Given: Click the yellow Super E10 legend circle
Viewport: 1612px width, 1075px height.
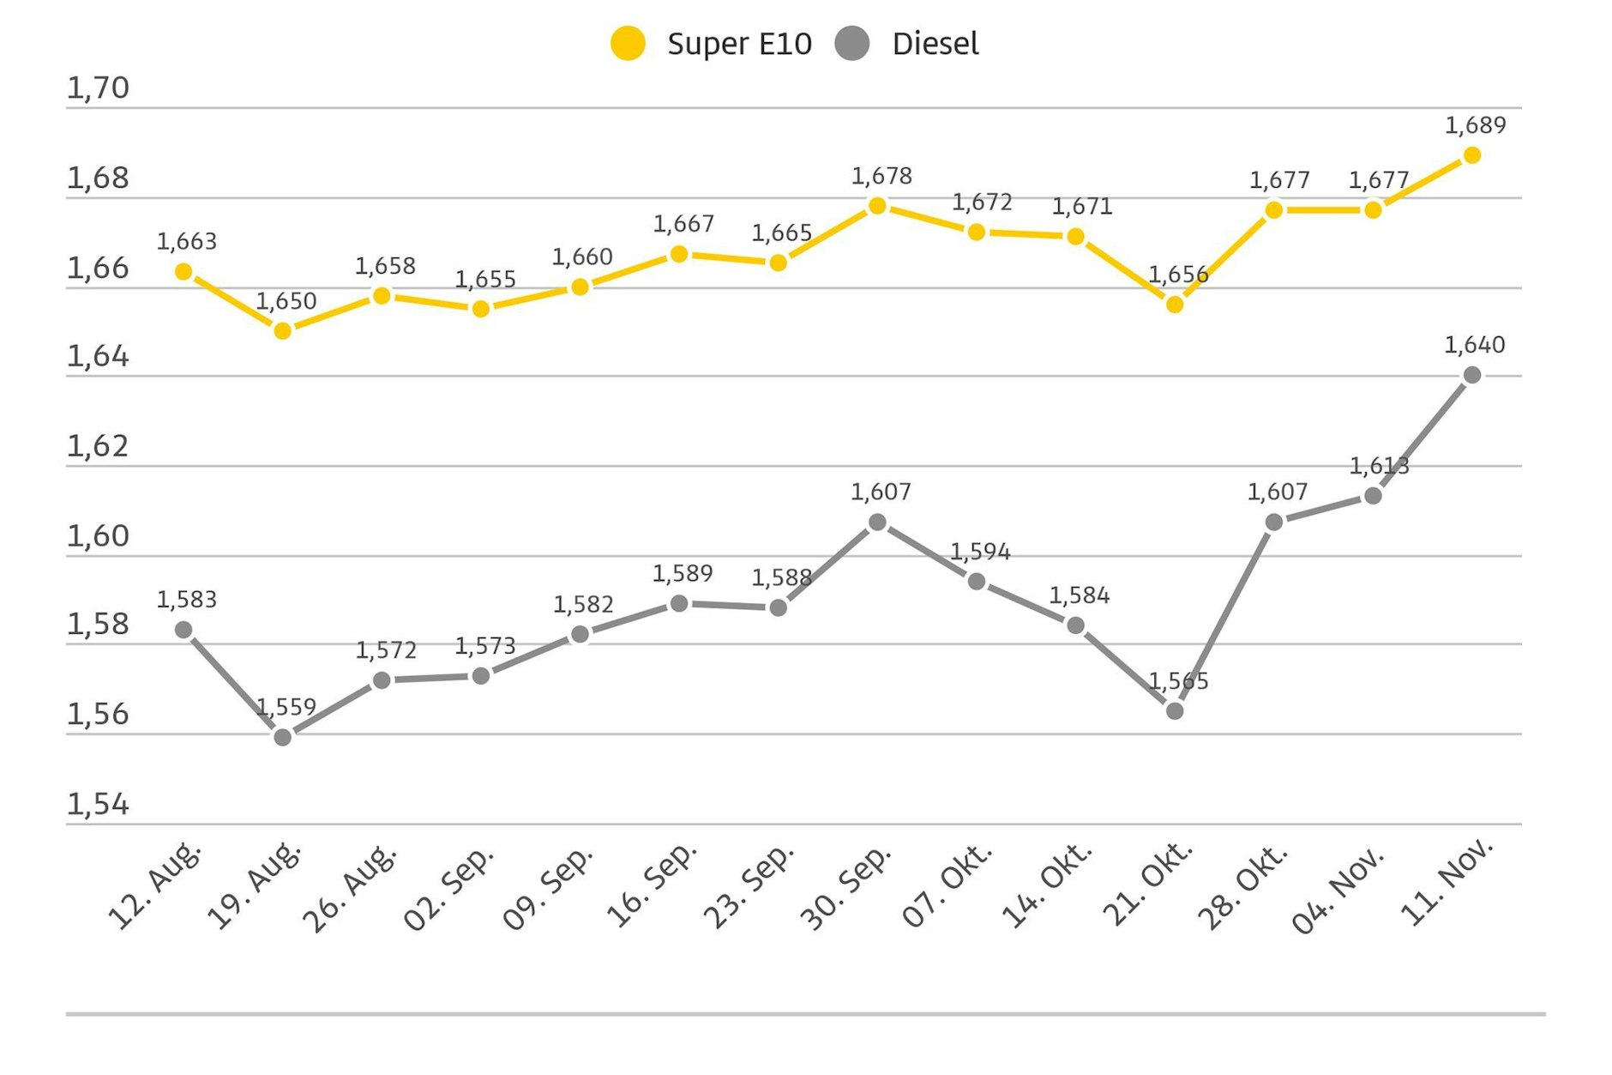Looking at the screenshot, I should point(628,44).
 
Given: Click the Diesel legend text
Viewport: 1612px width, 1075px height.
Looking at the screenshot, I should point(935,44).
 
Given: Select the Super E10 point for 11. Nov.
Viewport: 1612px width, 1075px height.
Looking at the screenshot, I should point(1471,155).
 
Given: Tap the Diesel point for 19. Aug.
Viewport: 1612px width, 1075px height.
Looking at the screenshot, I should point(282,737).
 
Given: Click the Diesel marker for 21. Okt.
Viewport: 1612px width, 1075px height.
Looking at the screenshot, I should point(1175,710).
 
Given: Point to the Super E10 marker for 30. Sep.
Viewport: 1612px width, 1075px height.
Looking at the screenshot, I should point(877,205).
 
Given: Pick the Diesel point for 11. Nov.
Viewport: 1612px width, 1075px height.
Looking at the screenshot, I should point(1471,375).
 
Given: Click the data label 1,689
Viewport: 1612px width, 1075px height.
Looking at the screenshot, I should point(1475,125).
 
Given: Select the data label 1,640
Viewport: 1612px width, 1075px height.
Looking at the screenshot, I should point(1474,345).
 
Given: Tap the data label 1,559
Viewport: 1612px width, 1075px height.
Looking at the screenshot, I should point(286,707).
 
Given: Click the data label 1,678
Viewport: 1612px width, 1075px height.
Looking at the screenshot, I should point(881,176).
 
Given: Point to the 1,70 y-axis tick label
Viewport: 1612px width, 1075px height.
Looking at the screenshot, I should point(98,88).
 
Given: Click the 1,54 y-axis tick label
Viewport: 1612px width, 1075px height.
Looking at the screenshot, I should point(98,804).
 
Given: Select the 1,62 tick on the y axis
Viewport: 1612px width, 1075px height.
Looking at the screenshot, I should point(98,446).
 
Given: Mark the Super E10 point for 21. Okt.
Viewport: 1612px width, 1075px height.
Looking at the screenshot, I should point(1175,304).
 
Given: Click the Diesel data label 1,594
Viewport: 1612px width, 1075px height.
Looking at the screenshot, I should point(979,552).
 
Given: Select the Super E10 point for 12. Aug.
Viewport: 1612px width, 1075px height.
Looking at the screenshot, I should point(183,272).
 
